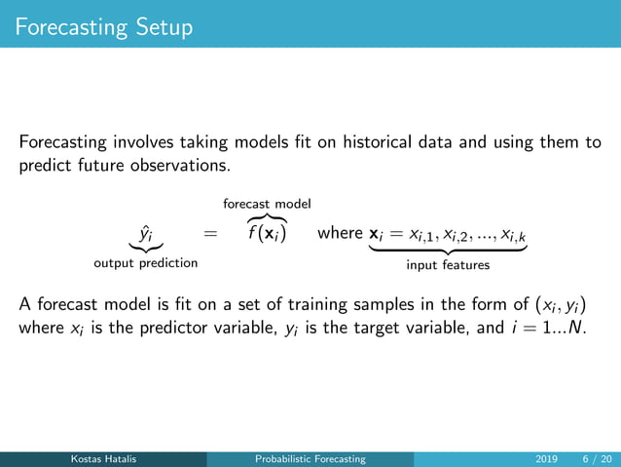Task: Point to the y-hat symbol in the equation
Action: click(x=144, y=234)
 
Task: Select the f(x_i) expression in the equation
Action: click(x=266, y=235)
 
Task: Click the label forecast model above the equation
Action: click(x=267, y=204)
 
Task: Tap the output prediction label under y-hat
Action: click(x=145, y=263)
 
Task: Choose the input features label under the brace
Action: click(x=448, y=263)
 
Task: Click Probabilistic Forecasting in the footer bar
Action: click(x=310, y=458)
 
